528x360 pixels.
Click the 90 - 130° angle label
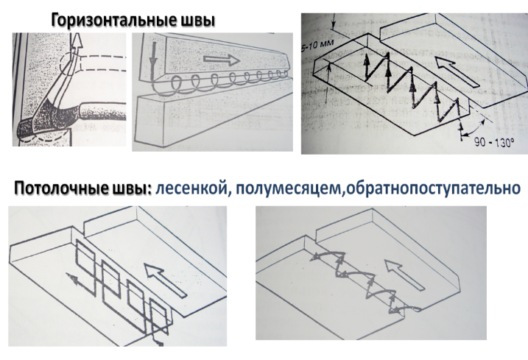tap(494, 142)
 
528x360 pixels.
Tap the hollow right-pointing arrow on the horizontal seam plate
tap(222, 60)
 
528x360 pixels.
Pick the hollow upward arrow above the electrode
tap(77, 46)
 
